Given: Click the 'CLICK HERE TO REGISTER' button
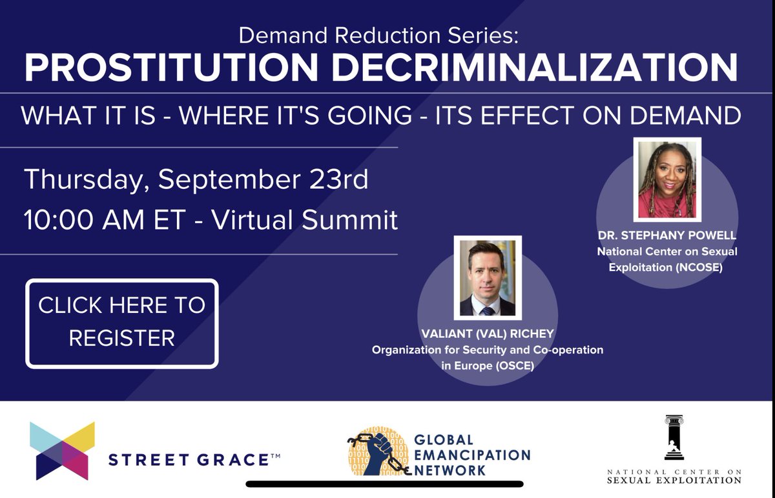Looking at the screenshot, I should [x=122, y=323].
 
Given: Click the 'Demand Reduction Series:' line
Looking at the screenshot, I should [x=378, y=35].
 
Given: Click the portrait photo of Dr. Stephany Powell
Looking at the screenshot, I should [x=667, y=179].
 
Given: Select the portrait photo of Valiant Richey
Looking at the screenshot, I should [x=488, y=279].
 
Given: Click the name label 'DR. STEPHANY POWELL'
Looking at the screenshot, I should [x=667, y=236].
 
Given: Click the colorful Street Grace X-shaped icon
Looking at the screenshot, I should [x=63, y=451].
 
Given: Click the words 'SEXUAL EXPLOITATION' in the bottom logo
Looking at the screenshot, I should [x=674, y=481].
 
